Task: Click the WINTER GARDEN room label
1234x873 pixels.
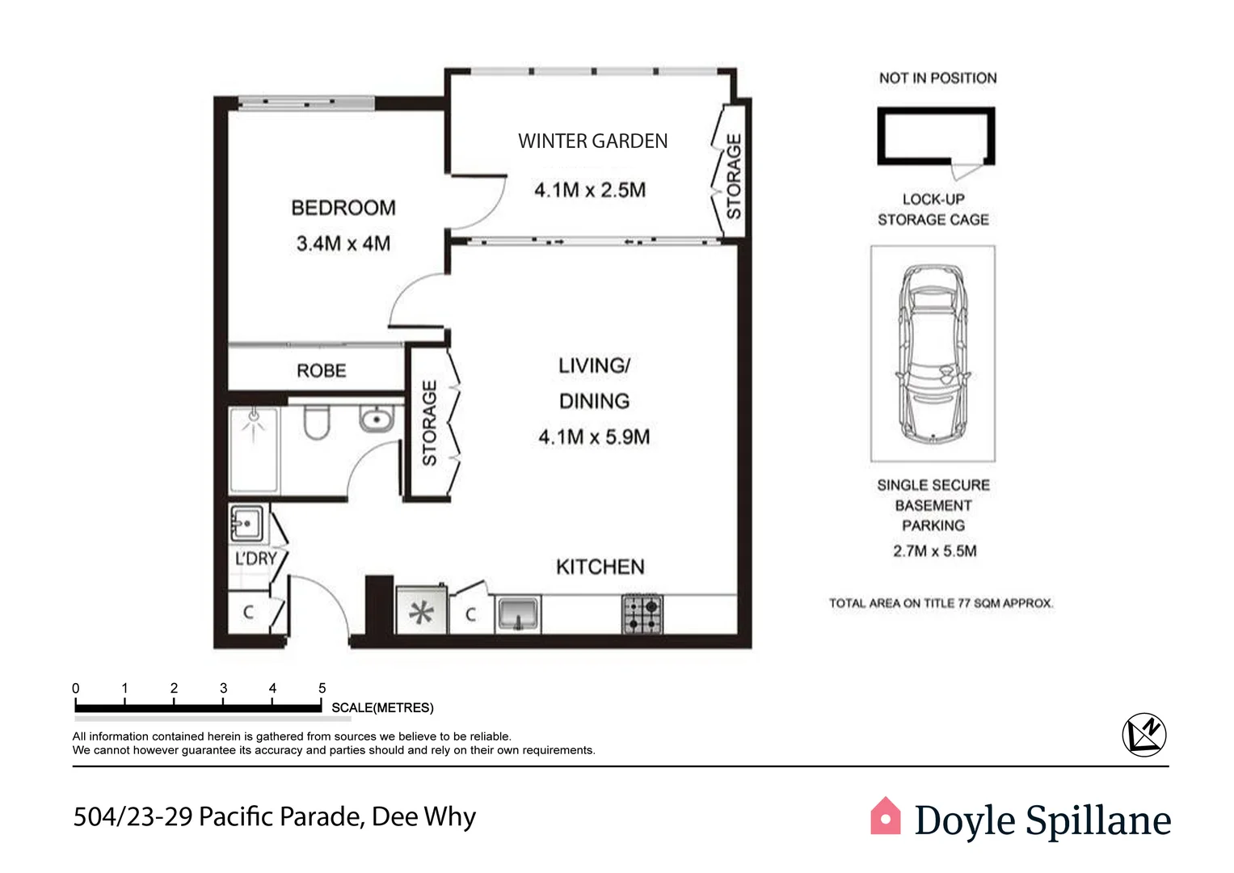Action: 592,141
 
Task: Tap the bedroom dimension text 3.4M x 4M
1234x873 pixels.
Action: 343,243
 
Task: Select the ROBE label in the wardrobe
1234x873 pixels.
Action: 321,371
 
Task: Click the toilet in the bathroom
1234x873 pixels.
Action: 316,423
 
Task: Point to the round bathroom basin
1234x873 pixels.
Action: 376,420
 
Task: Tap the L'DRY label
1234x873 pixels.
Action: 255,559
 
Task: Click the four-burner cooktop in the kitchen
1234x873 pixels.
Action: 642,614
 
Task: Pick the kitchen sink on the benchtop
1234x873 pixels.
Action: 517,614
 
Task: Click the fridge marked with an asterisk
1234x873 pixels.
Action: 420,613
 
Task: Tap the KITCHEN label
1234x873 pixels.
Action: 600,567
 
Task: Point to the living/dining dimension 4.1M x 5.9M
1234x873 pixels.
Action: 594,437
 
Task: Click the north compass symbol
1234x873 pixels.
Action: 1144,734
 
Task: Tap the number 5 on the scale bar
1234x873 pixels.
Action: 322,688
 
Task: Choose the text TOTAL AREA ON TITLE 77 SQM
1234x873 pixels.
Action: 941,603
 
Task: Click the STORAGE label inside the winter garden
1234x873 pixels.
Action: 734,176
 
